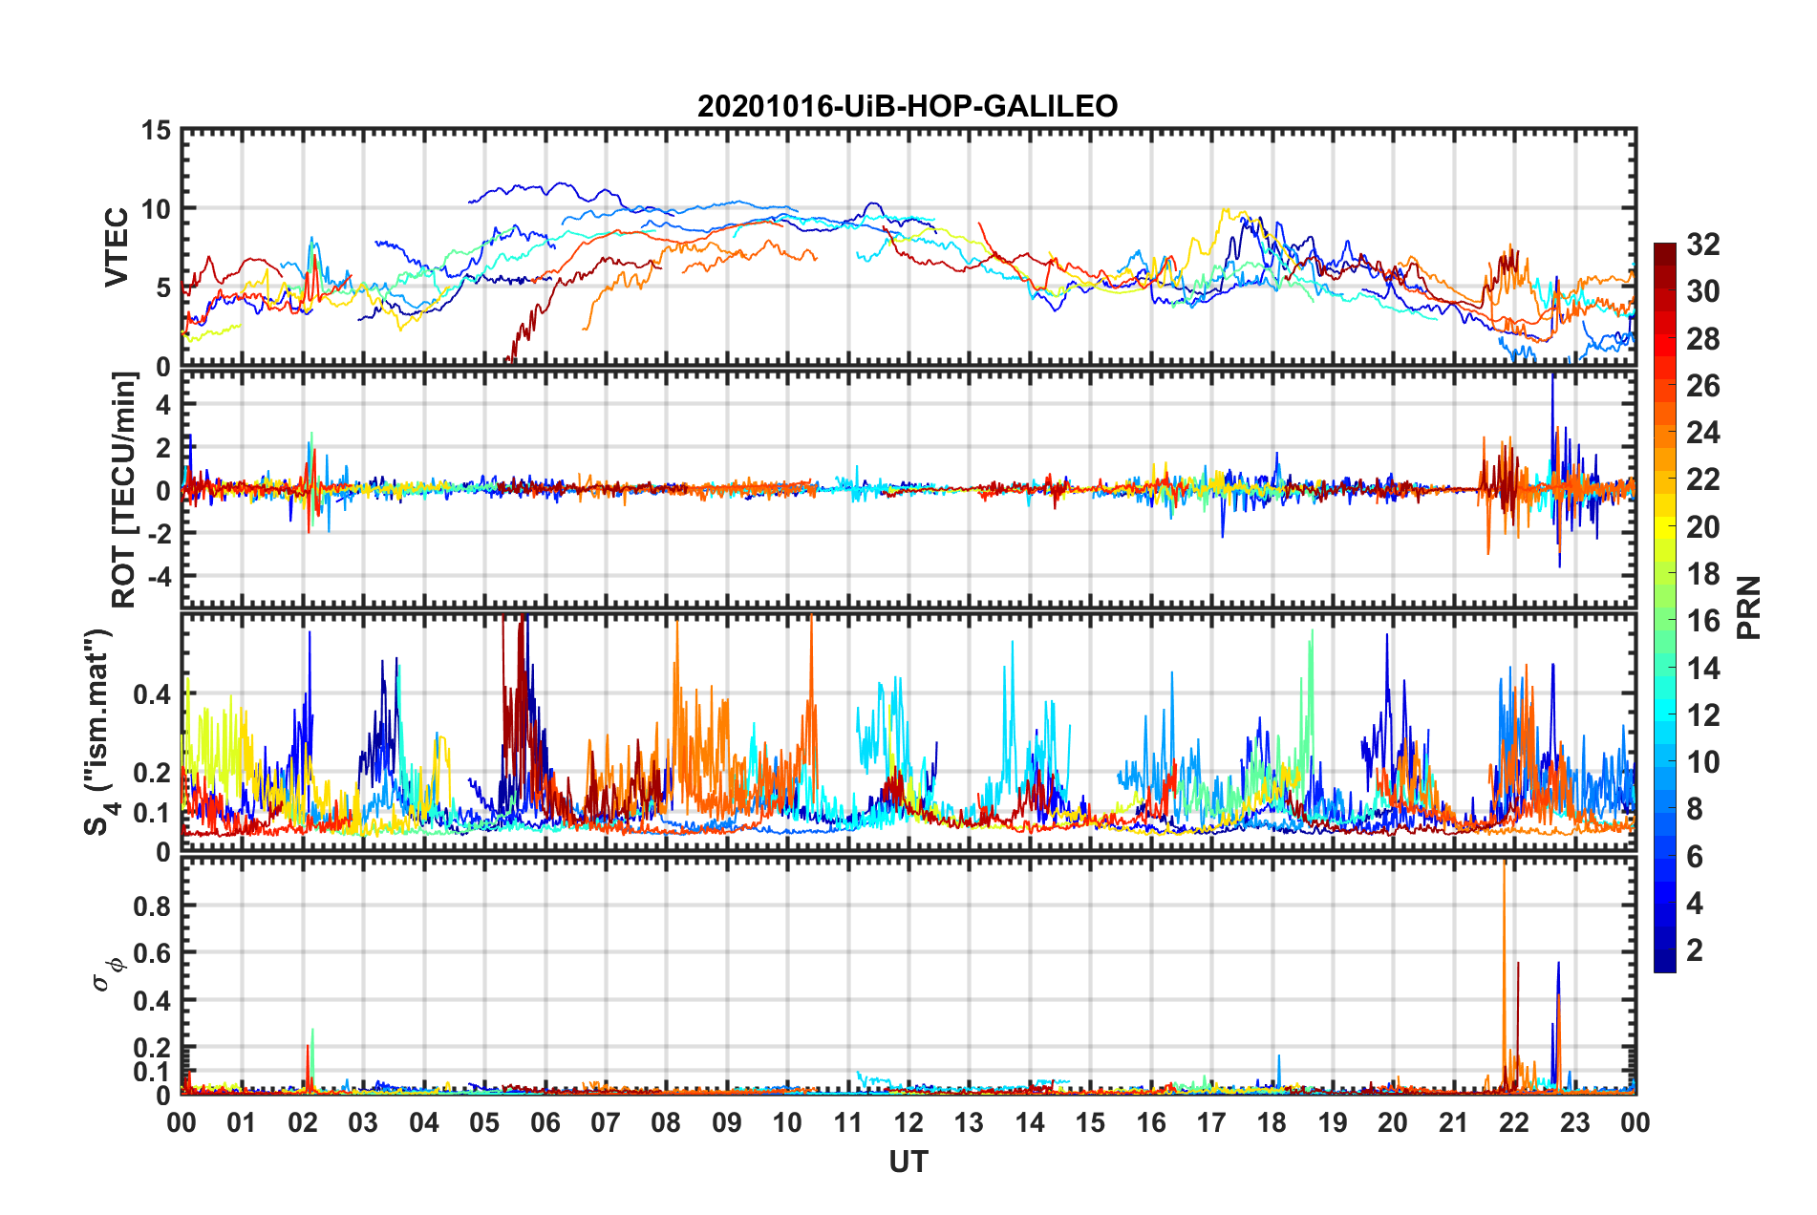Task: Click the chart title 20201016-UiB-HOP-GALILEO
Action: pyautogui.click(x=908, y=106)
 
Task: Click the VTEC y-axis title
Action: pyautogui.click(x=117, y=247)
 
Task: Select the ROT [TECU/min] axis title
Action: pyautogui.click(x=124, y=490)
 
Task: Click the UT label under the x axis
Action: pyautogui.click(x=908, y=1162)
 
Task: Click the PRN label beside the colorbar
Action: pyautogui.click(x=1749, y=607)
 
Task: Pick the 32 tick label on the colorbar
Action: pyautogui.click(x=1702, y=245)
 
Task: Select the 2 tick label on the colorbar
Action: pyautogui.click(x=1695, y=950)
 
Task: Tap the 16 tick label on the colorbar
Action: pyautogui.click(x=1702, y=621)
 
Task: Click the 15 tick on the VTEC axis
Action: pyautogui.click(x=156, y=131)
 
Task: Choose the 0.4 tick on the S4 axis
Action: pyautogui.click(x=153, y=694)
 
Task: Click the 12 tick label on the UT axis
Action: pyautogui.click(x=908, y=1122)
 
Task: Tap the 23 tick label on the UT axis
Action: pyautogui.click(x=1574, y=1122)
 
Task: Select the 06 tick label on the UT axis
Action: pyautogui.click(x=545, y=1122)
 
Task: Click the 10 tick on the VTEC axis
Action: pyautogui.click(x=156, y=209)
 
